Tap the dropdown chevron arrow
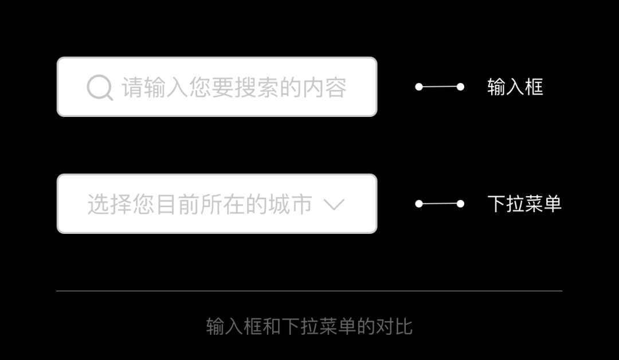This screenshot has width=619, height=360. pos(334,205)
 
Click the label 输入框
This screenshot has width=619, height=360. pos(515,87)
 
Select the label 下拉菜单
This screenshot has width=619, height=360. pos(524,204)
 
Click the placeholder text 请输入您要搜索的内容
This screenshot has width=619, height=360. pos(234,87)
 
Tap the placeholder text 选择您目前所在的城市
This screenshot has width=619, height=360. pos(200,204)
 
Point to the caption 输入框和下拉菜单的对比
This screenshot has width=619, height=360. pos(309,326)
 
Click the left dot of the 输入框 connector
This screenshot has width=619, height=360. pos(419,87)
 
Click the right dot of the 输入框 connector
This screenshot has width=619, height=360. pos(460,87)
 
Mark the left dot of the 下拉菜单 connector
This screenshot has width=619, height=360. pos(419,204)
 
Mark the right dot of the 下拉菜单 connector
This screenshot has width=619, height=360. pos(460,204)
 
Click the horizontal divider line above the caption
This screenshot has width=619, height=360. pos(309,291)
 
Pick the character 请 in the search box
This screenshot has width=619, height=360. pos(132,87)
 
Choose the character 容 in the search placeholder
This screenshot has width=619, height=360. pos(336,87)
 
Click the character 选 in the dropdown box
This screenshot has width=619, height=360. pos(99,204)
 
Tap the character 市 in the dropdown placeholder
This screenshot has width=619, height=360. pos(301,204)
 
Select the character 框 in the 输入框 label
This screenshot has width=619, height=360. pos(534,87)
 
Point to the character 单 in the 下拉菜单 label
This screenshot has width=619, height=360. pos(553,204)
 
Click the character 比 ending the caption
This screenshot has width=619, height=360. pos(403,326)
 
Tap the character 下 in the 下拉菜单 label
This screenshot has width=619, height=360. pos(496,204)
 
